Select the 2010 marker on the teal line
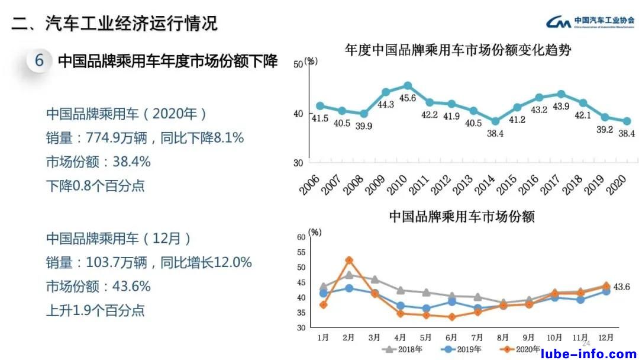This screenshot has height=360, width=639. click(408, 86)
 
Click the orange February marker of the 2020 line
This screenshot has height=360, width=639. click(349, 260)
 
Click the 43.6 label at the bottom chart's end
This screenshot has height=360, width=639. click(622, 287)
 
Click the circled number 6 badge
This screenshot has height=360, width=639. click(40, 61)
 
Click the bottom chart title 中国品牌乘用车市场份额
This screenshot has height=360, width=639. click(461, 217)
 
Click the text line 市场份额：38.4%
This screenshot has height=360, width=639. click(98, 162)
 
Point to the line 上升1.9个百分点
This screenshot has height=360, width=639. click(95, 310)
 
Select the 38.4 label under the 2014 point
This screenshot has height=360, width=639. click(495, 134)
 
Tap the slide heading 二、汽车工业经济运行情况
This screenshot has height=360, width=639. click(115, 24)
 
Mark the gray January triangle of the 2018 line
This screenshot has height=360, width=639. click(323, 287)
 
